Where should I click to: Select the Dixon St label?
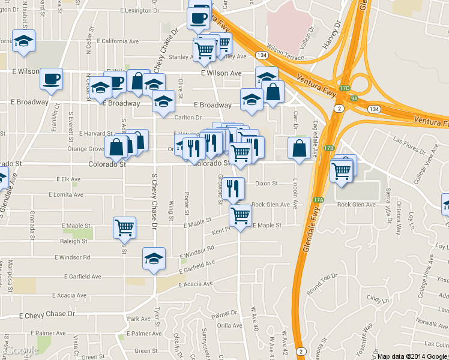(266, 184)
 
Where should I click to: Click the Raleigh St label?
(74, 241)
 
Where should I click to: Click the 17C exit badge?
(344, 88)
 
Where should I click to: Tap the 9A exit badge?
(354, 98)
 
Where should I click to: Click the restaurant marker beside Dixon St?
(233, 188)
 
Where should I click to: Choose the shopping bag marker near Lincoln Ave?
(299, 148)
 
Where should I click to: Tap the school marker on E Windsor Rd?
(154, 258)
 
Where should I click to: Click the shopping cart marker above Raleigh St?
(124, 227)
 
